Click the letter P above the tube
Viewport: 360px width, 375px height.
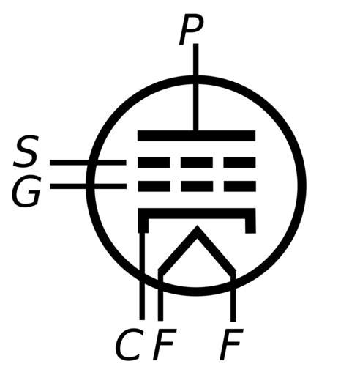[192, 31]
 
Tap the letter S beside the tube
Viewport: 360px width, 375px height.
[26, 151]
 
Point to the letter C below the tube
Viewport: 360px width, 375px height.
[129, 344]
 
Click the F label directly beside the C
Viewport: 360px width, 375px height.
[164, 344]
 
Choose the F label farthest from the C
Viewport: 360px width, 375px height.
[231, 344]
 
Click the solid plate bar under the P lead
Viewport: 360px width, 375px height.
[197, 135]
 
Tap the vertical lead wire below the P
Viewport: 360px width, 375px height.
[195, 87]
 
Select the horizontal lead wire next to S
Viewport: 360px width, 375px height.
[88, 163]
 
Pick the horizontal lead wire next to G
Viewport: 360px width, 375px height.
[89, 186]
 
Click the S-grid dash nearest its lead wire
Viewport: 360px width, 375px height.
[154, 163]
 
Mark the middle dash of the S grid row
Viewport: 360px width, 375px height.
[197, 163]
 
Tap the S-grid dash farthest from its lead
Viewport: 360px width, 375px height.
[239, 163]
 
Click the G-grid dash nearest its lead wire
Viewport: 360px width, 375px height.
[154, 186]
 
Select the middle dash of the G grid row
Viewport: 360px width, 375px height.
[197, 186]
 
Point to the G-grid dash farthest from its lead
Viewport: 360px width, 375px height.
[240, 186]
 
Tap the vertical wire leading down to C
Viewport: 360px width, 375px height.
[142, 276]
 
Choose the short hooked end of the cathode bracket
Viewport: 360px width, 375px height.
[250, 226]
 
